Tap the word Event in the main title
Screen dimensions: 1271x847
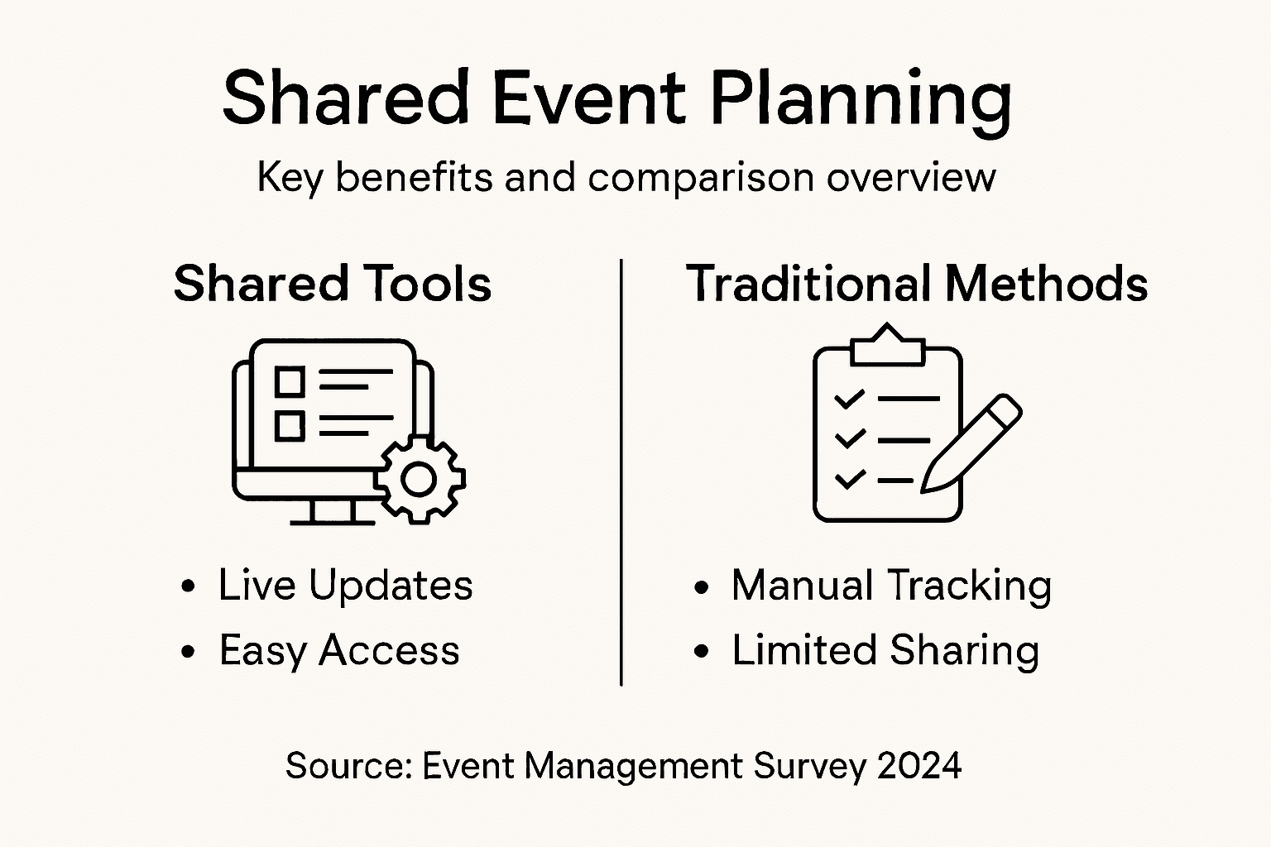tap(589, 98)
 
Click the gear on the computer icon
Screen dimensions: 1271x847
tap(420, 480)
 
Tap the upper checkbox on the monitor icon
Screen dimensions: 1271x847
tap(290, 381)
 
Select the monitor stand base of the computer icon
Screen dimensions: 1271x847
tap(333, 522)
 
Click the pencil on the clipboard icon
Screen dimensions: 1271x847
tap(971, 443)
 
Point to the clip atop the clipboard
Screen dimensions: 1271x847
tap(887, 344)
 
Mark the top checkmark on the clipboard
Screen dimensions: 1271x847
tap(850, 399)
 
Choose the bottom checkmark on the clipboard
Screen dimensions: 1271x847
tap(850, 480)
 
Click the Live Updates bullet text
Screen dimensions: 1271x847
tap(346, 586)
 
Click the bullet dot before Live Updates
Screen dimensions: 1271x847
tap(188, 586)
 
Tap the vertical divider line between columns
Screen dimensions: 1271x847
tap(621, 472)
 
